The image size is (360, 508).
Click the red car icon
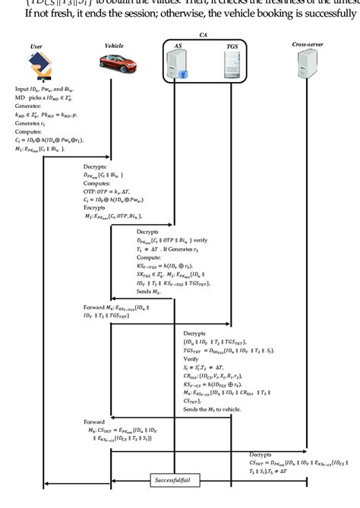point(114,66)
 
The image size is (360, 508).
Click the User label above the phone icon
point(36,47)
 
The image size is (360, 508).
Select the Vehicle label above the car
point(113,46)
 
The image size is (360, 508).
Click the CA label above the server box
point(203,34)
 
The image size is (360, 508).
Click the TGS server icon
point(232,65)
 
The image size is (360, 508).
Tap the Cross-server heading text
point(307,45)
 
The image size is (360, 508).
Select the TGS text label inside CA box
point(232,46)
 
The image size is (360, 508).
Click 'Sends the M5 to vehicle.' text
point(213,409)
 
